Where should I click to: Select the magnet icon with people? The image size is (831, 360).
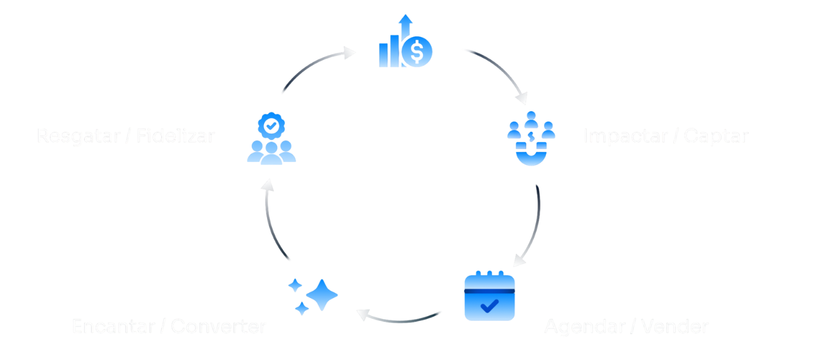tap(531, 139)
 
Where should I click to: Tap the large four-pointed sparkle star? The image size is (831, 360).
tap(322, 295)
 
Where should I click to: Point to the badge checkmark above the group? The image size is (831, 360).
tap(271, 126)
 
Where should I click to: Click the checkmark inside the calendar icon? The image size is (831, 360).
tap(490, 305)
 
